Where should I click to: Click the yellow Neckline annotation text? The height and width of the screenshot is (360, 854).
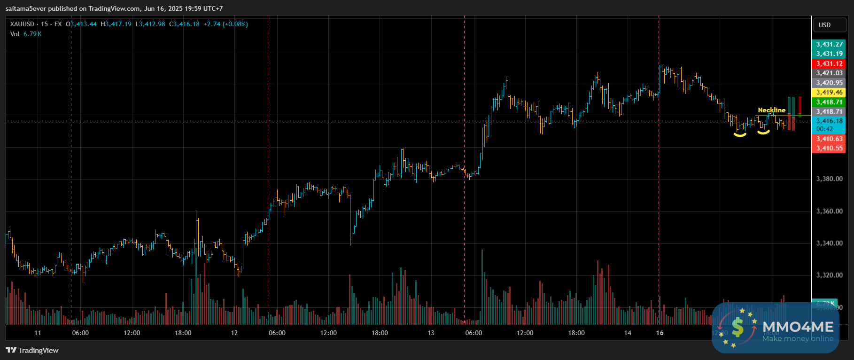click(x=771, y=110)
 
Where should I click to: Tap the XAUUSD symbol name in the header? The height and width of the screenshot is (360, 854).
click(x=22, y=24)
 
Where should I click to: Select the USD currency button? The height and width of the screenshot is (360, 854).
click(x=824, y=25)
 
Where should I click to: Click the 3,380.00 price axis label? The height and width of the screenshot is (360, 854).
click(x=830, y=179)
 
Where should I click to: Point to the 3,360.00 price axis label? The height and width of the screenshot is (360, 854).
click(x=830, y=211)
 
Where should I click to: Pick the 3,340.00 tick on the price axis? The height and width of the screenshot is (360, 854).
click(x=830, y=243)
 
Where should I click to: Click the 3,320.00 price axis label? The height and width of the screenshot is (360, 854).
click(x=830, y=275)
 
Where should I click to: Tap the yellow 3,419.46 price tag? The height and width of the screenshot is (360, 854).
click(x=829, y=93)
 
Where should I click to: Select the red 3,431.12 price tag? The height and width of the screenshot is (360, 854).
click(x=829, y=63)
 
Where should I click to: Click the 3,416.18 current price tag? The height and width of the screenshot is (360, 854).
click(x=829, y=121)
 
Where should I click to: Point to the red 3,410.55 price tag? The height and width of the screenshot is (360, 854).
click(x=829, y=149)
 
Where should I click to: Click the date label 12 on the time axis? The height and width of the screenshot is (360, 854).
click(x=234, y=333)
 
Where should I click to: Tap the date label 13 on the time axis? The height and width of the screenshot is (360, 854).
click(x=431, y=333)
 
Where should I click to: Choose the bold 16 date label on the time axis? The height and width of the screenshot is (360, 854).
click(x=660, y=333)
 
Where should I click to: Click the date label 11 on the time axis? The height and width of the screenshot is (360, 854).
click(x=38, y=333)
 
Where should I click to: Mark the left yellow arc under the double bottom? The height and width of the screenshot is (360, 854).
click(x=740, y=135)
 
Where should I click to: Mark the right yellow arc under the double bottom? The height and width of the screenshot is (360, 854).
click(x=763, y=133)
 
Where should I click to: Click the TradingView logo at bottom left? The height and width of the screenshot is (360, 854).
click(x=32, y=350)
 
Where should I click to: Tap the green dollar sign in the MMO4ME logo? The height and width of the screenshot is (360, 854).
click(x=738, y=327)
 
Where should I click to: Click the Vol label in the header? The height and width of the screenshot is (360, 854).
click(x=15, y=34)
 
